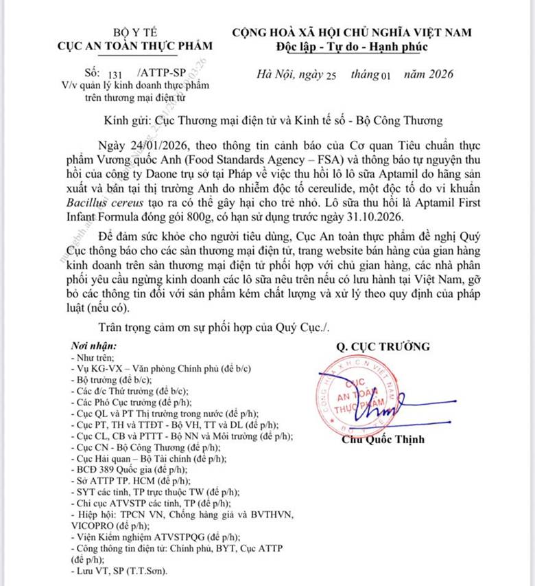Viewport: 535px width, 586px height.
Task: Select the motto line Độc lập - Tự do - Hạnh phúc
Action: click(x=351, y=47)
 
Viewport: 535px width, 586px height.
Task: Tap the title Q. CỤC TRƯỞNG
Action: click(x=383, y=346)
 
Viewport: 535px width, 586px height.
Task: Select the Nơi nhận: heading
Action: click(x=94, y=346)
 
